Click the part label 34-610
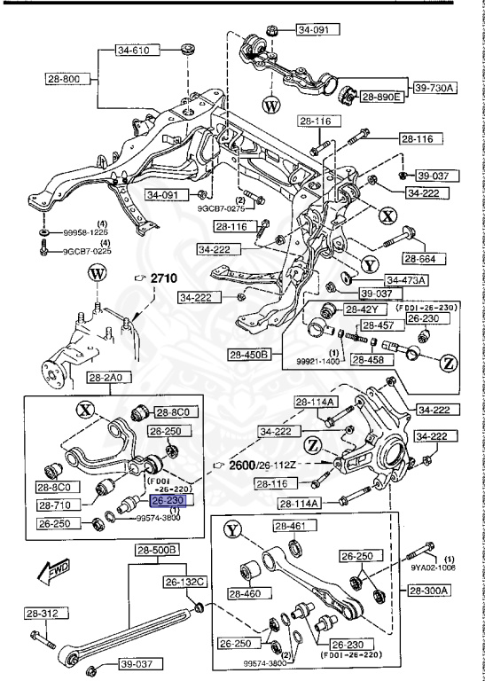(x=136, y=51)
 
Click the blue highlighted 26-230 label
(x=168, y=501)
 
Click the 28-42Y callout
(x=362, y=309)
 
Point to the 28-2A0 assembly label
(x=106, y=378)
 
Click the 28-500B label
(x=158, y=551)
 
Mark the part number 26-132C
(x=184, y=582)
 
